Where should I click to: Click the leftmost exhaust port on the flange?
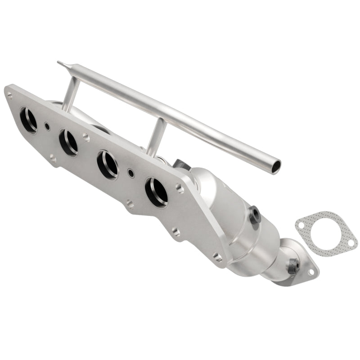click(x=28, y=120)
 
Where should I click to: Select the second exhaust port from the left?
click(x=68, y=142)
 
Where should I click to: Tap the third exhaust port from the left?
click(x=108, y=165)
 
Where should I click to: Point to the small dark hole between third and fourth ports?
click(x=131, y=172)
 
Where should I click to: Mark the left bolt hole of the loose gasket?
click(x=301, y=222)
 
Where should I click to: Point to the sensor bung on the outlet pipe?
click(x=293, y=266)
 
